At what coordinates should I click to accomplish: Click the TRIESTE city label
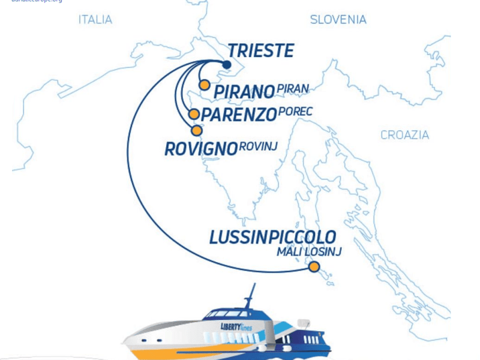click(x=261, y=51)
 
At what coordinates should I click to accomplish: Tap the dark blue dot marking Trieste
click(x=227, y=65)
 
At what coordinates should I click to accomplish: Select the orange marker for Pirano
click(x=205, y=85)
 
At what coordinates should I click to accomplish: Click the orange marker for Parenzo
click(x=194, y=114)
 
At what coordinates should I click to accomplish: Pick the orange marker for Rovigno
click(x=196, y=130)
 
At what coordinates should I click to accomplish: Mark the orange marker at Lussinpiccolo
click(x=314, y=267)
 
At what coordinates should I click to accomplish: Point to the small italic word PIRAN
click(x=293, y=89)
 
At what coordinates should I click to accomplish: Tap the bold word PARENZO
click(x=239, y=114)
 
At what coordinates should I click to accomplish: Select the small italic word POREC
click(x=295, y=112)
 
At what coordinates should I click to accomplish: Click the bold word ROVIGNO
click(x=201, y=149)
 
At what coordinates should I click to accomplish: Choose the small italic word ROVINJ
click(x=258, y=146)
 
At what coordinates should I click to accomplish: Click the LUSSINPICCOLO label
click(x=272, y=237)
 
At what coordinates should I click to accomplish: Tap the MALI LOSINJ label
click(x=308, y=252)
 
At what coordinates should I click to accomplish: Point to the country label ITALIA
click(x=95, y=20)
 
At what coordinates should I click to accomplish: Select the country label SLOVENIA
click(x=338, y=20)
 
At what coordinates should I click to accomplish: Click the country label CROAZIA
click(x=404, y=135)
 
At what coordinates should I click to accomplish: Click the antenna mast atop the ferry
click(x=250, y=295)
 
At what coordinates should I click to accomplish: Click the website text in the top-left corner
click(x=36, y=2)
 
